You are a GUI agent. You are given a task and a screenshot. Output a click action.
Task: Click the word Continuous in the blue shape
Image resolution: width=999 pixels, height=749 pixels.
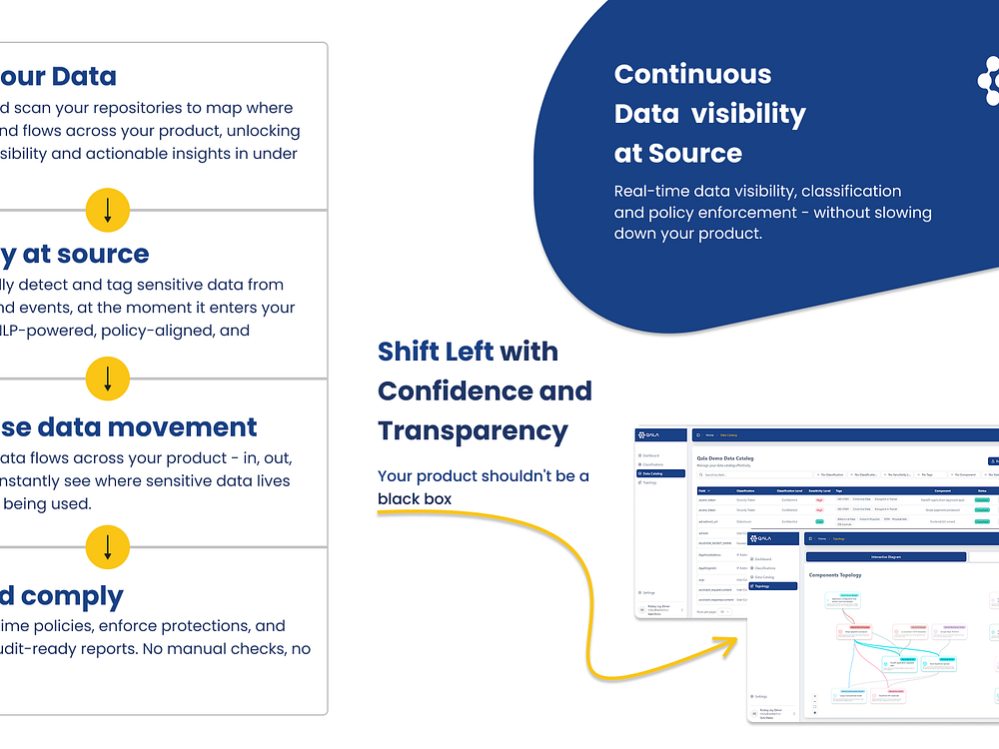(692, 74)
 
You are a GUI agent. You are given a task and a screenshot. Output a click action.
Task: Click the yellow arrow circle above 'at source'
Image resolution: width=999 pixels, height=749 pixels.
(108, 210)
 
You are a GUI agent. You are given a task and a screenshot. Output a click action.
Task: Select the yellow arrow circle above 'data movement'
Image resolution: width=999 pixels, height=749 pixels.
(108, 378)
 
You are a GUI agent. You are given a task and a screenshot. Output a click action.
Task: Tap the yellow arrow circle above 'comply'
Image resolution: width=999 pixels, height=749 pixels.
(108, 546)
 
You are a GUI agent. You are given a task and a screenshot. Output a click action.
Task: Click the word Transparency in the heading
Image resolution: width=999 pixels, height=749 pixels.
(473, 431)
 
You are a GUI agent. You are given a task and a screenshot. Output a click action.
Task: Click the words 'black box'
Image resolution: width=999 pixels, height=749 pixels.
(415, 498)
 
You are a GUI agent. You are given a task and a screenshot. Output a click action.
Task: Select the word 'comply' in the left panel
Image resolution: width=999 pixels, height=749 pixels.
(73, 596)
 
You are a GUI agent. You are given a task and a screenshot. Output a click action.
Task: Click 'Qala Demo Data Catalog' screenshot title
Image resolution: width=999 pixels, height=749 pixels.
(724, 458)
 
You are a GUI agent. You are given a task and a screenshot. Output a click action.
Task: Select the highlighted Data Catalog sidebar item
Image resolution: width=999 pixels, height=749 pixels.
(660, 473)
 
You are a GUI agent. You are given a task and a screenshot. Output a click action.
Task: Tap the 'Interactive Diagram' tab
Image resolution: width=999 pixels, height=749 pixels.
(885, 557)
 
